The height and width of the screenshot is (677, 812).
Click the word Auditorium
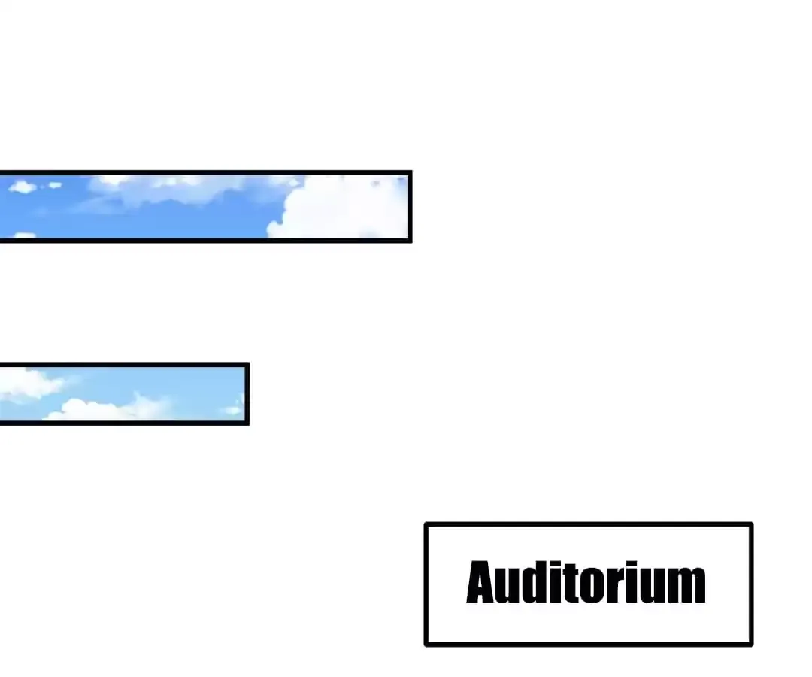586,582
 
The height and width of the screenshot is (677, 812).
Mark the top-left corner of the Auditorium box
425,524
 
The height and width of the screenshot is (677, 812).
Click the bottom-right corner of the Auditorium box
751,645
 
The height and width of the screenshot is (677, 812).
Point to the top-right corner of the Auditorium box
751,524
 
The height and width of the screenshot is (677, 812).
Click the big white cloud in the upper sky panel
338,207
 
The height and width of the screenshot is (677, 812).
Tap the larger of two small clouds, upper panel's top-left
23,187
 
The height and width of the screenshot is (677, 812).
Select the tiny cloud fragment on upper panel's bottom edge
24,235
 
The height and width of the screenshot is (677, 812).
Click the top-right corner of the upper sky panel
411,172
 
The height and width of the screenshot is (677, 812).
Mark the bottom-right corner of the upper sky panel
411,241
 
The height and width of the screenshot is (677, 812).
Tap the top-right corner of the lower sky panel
248,364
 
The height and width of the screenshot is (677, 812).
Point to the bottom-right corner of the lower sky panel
248,424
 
